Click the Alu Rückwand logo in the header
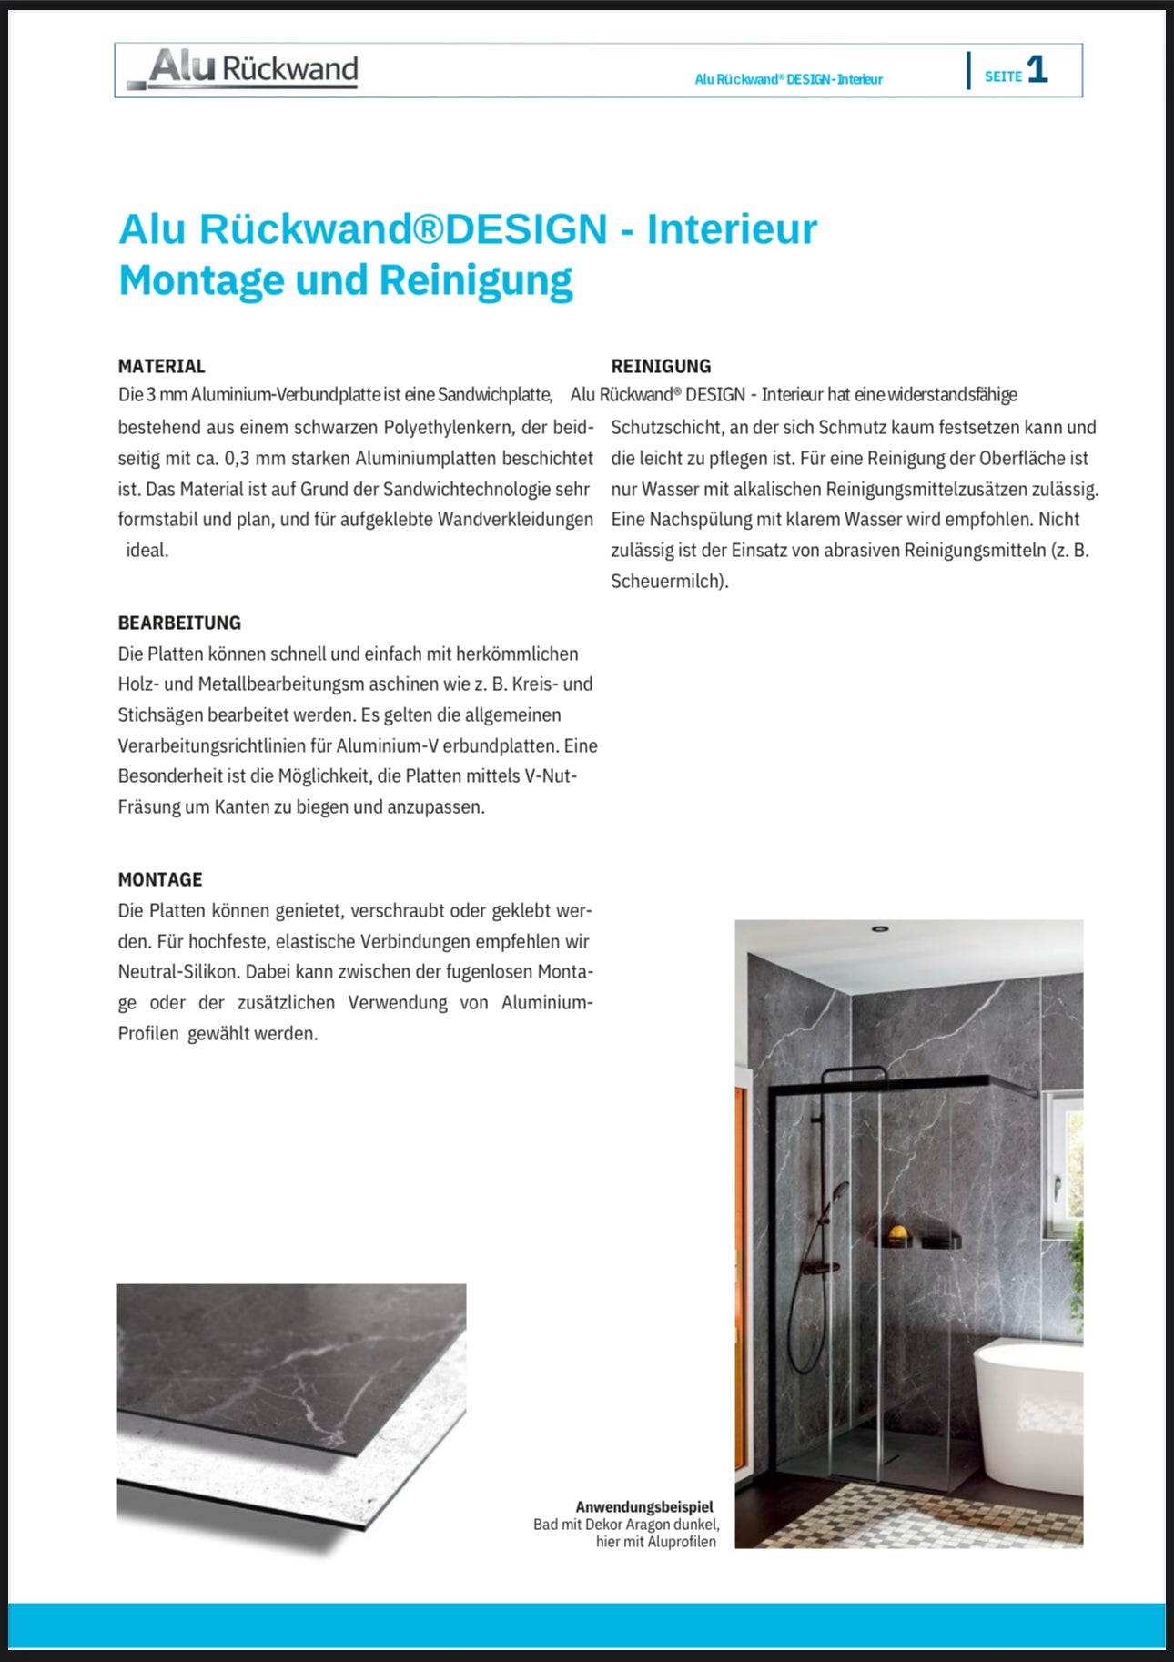244,69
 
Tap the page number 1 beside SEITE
1037,70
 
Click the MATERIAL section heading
161,366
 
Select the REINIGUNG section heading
661,366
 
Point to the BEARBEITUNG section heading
179,623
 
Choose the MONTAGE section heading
160,879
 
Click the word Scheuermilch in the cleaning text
667,581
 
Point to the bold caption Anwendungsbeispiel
644,1507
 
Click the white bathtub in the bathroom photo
1028,1402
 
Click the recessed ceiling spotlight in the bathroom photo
879,929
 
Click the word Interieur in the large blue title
732,228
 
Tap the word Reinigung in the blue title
475,280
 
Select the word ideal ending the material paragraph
147,550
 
